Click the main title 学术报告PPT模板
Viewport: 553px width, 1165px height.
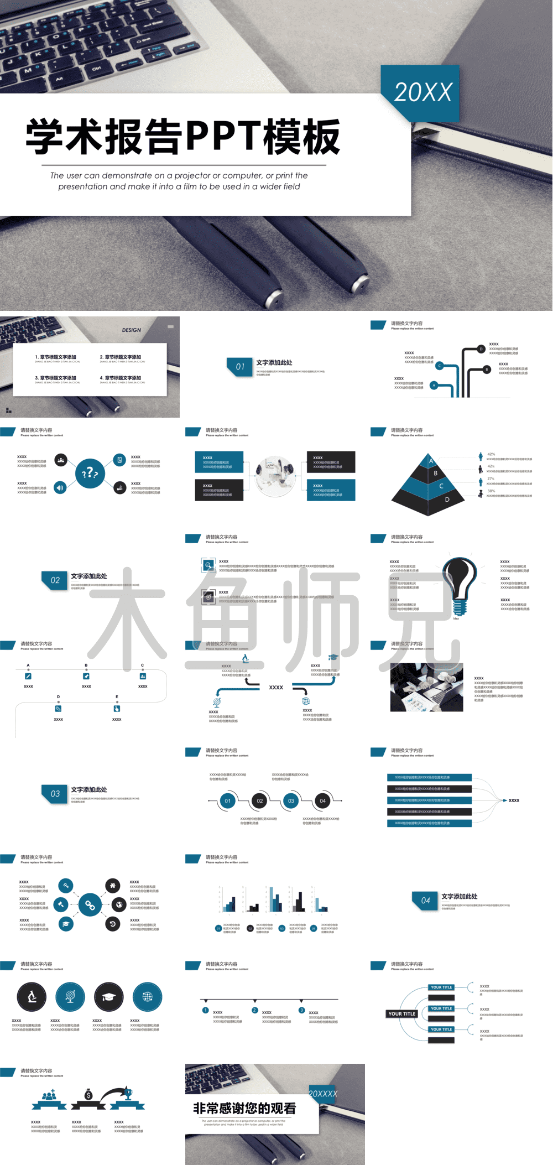point(182,136)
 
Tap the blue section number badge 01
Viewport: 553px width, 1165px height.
point(239,366)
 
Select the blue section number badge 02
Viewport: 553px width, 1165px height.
point(55,580)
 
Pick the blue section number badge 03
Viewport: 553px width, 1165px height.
point(55,793)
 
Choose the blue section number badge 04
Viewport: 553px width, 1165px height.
point(425,900)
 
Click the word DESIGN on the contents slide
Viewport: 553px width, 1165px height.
point(132,330)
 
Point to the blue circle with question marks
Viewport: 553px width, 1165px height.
point(90,473)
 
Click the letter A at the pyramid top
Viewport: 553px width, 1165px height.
point(431,461)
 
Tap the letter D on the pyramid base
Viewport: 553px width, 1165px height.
point(447,500)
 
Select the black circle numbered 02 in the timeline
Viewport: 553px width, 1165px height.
point(259,800)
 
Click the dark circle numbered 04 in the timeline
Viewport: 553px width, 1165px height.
point(322,800)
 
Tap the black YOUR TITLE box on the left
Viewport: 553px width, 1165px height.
point(402,1013)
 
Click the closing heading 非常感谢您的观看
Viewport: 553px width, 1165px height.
point(244,1108)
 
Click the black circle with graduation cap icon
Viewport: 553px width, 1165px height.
point(109,997)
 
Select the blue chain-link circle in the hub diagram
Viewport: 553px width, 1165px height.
point(90,905)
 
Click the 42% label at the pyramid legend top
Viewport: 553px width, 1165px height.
point(491,454)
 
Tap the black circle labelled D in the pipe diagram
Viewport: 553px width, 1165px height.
point(481,349)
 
